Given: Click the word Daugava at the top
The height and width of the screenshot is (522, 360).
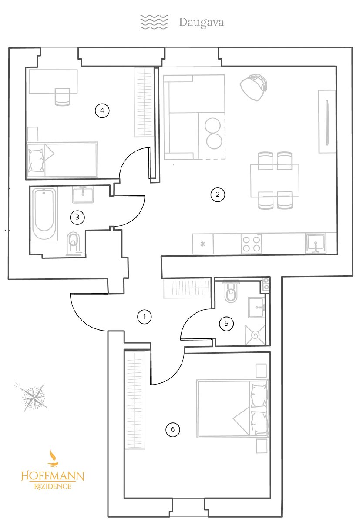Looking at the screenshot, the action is tap(202, 23).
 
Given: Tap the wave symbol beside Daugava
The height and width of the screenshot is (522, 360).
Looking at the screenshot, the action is tap(154, 22).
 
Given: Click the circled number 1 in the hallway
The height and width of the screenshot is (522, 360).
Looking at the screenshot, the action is tap(145, 317).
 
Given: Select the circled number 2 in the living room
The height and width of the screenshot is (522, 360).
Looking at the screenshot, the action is tap(218, 194).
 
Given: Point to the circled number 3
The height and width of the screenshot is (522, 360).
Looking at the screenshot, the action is tap(77, 217).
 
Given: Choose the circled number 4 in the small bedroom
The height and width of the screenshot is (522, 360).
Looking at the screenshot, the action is tap(102, 110).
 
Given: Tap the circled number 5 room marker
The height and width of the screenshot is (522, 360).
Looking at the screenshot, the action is tap(226, 324).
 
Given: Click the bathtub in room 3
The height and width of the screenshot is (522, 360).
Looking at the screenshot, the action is tap(44, 214).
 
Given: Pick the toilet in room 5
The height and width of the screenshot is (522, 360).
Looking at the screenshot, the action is tap(231, 292).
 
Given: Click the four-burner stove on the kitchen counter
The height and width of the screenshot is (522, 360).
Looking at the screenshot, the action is tap(251, 244).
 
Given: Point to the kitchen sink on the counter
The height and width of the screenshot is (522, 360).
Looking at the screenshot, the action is tap(316, 244).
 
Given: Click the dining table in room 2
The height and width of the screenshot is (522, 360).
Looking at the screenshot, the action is tap(275, 181).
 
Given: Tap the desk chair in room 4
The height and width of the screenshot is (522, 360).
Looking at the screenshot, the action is tap(62, 97).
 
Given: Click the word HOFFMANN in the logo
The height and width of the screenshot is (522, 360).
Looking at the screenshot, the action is tap(53, 475).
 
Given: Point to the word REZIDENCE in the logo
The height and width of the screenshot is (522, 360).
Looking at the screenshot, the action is tap(53, 486).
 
